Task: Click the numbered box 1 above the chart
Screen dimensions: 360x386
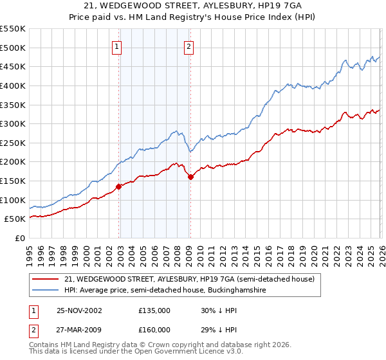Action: pos(117,46)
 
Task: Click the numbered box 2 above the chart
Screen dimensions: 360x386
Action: pos(189,46)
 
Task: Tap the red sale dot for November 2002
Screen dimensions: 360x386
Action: pos(119,187)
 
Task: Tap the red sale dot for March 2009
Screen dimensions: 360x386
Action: pos(190,177)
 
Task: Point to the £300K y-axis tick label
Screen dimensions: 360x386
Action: pos(13,123)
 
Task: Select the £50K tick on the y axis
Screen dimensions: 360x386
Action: pos(15,219)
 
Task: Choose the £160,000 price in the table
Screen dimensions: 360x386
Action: pos(154,329)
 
